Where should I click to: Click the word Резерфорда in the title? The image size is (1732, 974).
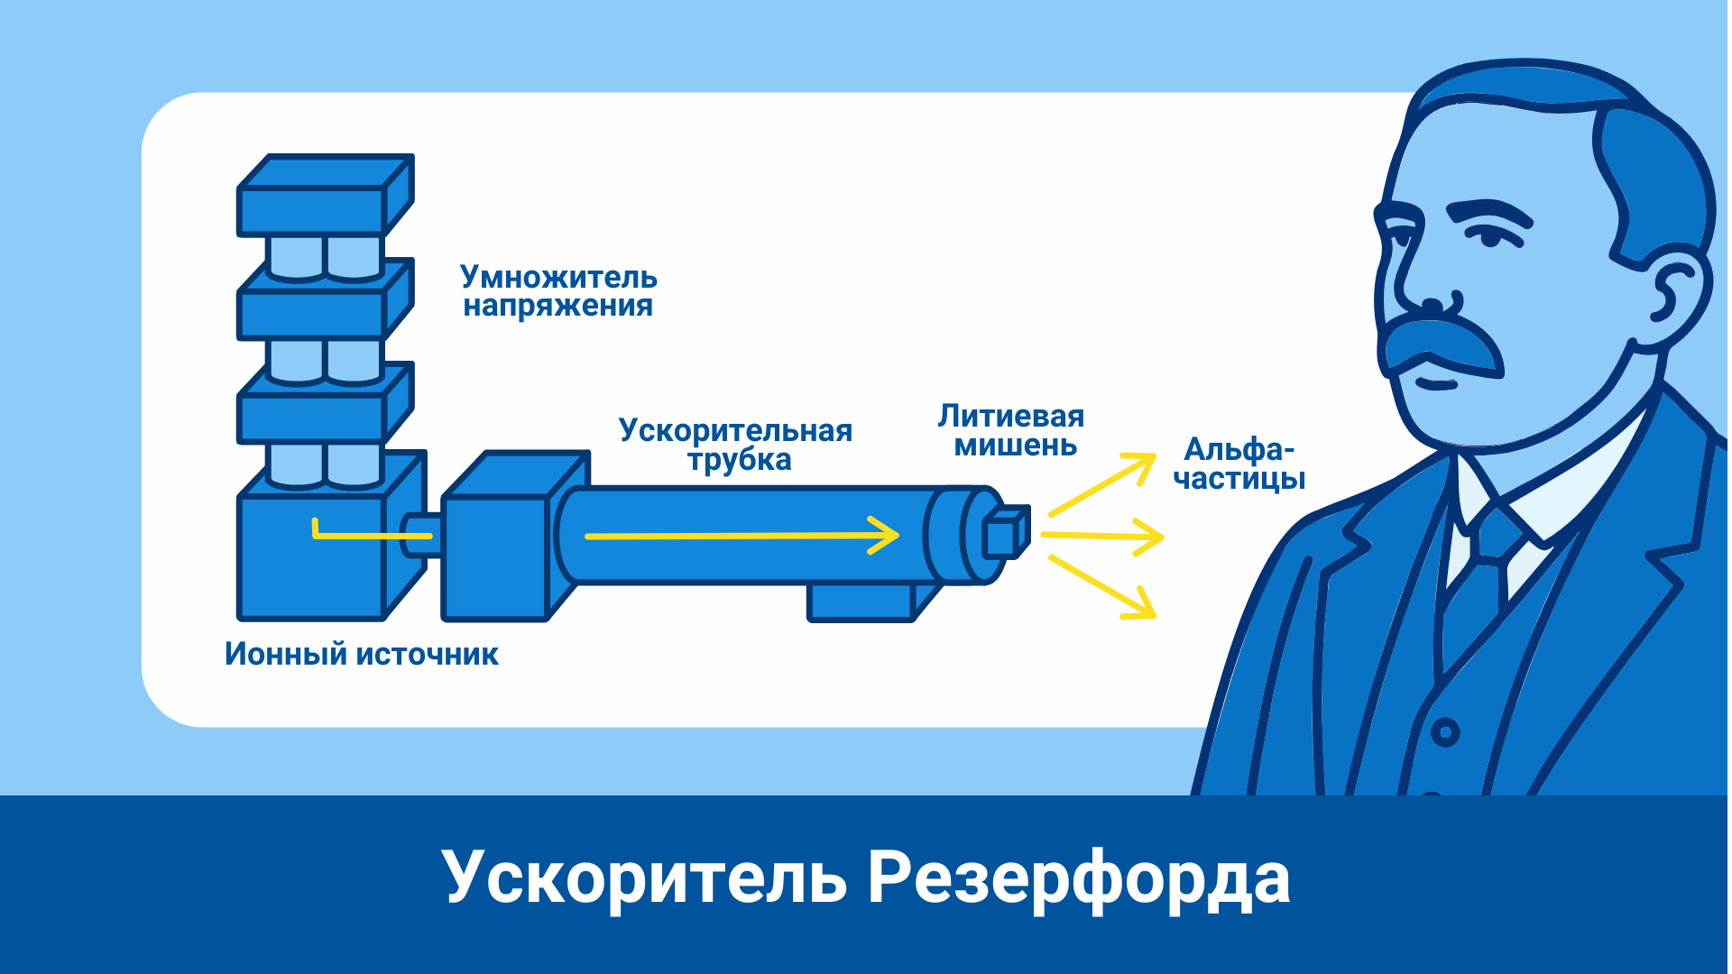1078,878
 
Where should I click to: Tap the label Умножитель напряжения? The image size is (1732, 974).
558,291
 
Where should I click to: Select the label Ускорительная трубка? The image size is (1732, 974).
735,445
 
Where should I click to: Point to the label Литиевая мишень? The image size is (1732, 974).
1012,430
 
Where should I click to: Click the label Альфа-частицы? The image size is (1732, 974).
1239,464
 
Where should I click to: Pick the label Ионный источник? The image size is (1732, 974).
361,654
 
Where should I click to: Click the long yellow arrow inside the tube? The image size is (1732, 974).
740,536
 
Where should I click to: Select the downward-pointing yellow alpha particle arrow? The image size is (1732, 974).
1104,588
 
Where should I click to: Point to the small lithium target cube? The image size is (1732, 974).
1004,534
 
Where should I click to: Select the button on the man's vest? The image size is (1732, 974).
1445,731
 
